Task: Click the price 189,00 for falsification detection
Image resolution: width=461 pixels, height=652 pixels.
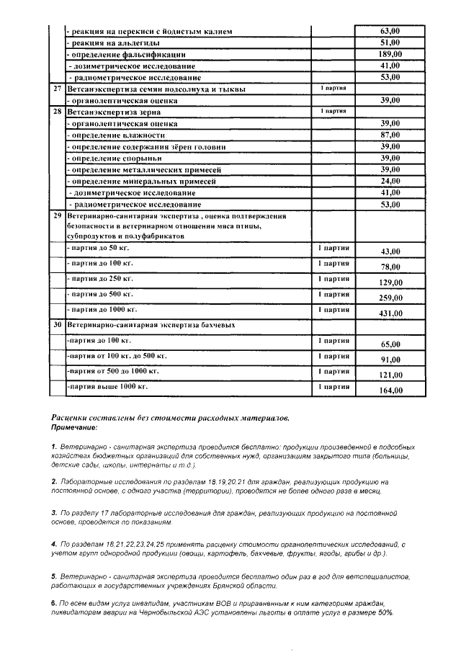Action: click(390, 54)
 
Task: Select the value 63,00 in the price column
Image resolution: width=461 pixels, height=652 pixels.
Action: click(390, 31)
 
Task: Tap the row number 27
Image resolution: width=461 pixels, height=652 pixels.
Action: click(57, 89)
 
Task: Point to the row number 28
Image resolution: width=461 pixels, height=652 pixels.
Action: click(57, 112)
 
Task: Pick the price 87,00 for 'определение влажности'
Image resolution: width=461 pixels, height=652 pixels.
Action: click(390, 135)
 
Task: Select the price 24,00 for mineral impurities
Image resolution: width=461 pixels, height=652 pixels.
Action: click(390, 181)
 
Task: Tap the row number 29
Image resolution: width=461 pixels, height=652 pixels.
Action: click(57, 215)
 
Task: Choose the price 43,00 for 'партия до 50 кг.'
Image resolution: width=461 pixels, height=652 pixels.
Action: click(390, 251)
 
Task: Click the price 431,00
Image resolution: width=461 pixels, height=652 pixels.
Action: click(390, 313)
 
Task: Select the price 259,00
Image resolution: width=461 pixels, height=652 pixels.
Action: click(390, 298)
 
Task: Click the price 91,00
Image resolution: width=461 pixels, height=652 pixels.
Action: click(390, 360)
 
